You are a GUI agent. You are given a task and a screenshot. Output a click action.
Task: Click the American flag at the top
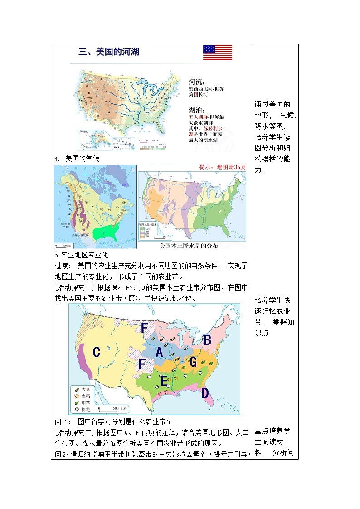218,52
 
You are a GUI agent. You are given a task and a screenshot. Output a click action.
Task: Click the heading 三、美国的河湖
109,52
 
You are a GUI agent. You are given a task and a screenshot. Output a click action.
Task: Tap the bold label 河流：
197,82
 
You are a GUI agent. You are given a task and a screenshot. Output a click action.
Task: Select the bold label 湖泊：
197,110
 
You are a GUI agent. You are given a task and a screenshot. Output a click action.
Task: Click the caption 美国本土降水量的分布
189,246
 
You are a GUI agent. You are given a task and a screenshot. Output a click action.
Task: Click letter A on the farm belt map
159,352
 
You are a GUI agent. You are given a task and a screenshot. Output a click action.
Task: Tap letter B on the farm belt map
207,339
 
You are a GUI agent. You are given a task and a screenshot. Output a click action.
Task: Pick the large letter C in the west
96,352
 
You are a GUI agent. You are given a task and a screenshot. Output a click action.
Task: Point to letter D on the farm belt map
205,393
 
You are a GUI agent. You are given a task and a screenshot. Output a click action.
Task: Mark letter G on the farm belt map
193,362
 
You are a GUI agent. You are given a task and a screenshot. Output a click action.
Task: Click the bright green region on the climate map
107,232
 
